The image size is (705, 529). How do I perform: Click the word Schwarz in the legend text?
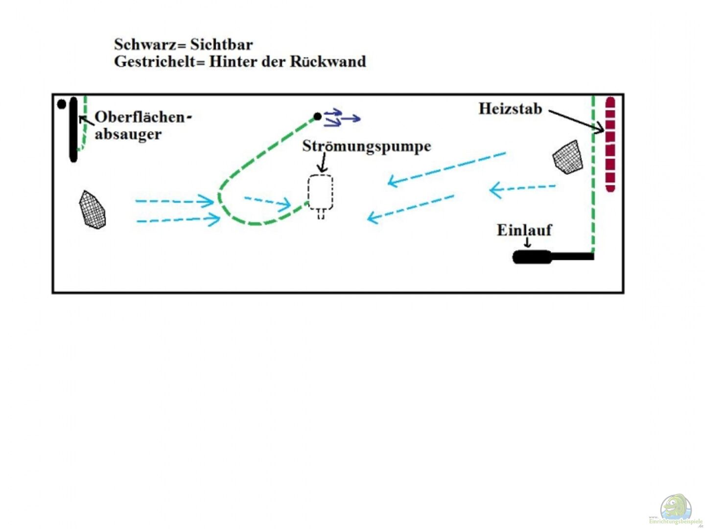145,45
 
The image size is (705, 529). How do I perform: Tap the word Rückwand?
328,62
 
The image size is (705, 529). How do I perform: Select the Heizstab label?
510,108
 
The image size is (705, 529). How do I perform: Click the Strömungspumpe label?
366,146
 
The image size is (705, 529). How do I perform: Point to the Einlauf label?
524,230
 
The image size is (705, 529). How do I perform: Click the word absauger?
128,134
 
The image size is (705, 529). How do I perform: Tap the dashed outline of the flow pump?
320,192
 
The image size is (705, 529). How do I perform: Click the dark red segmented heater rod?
610,144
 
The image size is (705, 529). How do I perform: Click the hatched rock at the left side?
92,210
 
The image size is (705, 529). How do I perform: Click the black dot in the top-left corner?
61,104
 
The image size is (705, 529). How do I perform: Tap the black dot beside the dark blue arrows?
317,117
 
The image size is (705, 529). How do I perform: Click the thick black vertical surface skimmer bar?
73,129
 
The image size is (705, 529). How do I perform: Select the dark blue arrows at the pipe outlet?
342,118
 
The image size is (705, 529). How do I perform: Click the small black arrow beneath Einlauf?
527,242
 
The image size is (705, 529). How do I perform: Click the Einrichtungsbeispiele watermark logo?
676,510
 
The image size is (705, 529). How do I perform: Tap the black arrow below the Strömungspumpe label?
323,162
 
